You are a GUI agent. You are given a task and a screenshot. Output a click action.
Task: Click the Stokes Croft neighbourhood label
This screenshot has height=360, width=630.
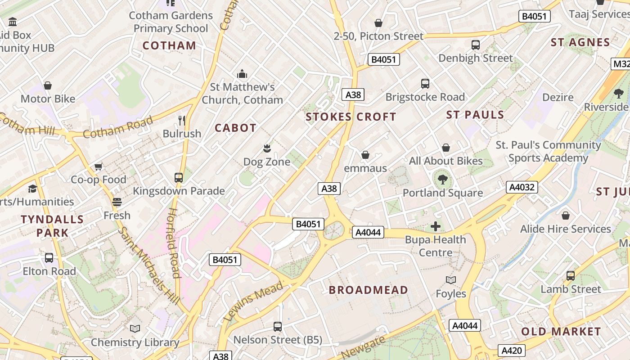(351, 117)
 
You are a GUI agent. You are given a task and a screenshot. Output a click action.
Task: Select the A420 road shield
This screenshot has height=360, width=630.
(512, 351)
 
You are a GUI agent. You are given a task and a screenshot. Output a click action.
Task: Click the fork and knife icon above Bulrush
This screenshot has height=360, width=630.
(182, 120)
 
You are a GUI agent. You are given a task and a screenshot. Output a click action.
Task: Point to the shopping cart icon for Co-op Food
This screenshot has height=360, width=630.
(99, 166)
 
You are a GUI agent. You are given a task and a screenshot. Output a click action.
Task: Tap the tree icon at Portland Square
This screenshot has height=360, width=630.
(443, 180)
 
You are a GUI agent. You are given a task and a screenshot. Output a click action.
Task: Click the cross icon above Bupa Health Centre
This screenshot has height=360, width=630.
(435, 226)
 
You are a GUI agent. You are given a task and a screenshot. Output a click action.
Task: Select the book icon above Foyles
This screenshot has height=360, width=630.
(451, 280)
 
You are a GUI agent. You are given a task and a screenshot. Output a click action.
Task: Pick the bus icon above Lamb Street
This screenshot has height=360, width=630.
(571, 276)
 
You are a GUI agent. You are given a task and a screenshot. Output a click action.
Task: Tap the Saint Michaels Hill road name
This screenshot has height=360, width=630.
(149, 265)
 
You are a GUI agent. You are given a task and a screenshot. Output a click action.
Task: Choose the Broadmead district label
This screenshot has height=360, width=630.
(368, 290)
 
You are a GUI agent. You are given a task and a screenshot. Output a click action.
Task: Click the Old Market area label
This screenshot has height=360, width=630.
(561, 332)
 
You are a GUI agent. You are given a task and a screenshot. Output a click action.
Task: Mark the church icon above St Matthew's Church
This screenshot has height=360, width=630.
(242, 74)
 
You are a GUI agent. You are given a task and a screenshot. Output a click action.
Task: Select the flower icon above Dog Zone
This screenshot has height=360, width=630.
(267, 148)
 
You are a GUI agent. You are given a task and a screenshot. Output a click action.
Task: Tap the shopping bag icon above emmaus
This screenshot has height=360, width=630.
(365, 155)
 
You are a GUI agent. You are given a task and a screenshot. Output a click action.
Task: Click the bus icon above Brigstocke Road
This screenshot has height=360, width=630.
(425, 84)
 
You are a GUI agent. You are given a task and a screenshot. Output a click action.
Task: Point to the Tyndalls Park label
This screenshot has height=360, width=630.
(52, 226)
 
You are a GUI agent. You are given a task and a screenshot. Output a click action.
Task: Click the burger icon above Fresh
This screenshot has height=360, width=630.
(117, 202)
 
